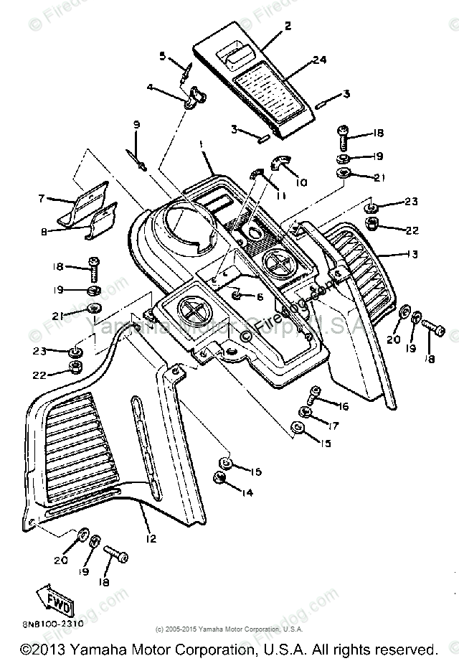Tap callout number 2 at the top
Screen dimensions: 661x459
pyautogui.click(x=288, y=27)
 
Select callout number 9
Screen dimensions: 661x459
pyautogui.click(x=136, y=126)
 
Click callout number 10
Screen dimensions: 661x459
pyautogui.click(x=301, y=182)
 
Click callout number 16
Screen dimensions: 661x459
pyautogui.click(x=342, y=407)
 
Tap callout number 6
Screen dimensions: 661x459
pyautogui.click(x=259, y=296)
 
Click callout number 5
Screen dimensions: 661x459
pyautogui.click(x=162, y=55)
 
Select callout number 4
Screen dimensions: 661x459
pyautogui.click(x=151, y=88)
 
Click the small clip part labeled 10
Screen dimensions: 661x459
pyautogui.click(x=280, y=161)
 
